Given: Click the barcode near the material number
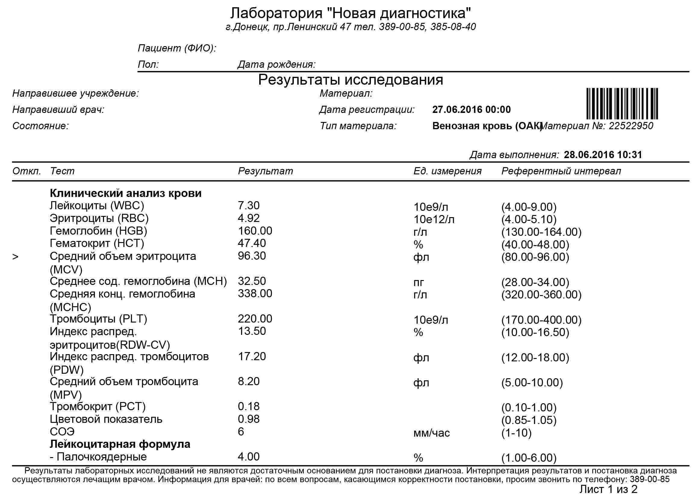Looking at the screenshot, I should (622, 104).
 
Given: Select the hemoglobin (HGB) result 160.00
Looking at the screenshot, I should (255, 231).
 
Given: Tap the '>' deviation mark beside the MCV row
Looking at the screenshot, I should (15, 257).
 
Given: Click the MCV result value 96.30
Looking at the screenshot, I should (252, 256).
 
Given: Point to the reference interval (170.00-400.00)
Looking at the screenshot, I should (541, 320).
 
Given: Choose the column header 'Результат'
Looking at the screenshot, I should (266, 171).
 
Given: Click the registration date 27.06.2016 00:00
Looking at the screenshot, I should (471, 110).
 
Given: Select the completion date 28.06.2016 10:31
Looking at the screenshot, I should (603, 154).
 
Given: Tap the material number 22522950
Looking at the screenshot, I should (631, 126).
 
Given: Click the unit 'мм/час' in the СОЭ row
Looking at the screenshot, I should (431, 433).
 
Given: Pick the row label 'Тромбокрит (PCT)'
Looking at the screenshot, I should (97, 407).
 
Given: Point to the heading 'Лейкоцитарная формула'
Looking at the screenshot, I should (120, 444).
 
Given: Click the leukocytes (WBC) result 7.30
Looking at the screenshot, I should (248, 205).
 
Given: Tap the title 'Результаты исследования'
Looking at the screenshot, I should (350, 80).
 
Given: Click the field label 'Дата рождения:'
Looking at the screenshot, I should (276, 64).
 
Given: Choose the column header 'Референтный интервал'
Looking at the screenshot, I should (561, 171).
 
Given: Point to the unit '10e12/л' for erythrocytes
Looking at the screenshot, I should (434, 220).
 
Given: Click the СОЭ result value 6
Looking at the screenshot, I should (241, 432).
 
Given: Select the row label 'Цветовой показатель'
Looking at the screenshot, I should (106, 419).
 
